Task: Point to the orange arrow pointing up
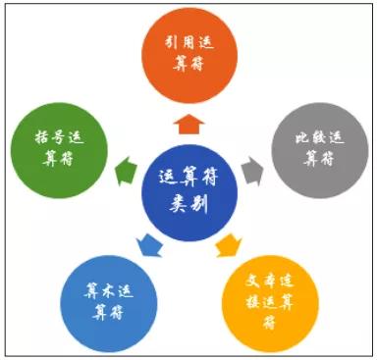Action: [x=188, y=123]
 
